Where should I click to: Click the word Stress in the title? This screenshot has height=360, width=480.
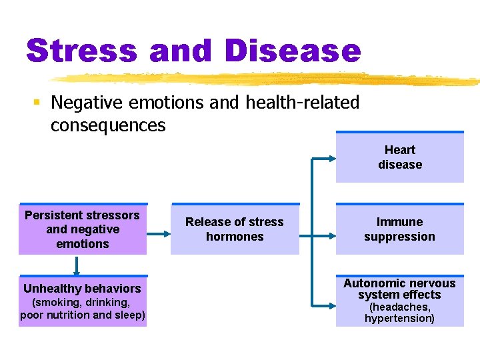pyautogui.click(x=81, y=51)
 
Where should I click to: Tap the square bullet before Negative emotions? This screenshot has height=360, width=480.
pyautogui.click(x=37, y=103)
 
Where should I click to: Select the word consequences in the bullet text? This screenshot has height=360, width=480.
pyautogui.click(x=108, y=125)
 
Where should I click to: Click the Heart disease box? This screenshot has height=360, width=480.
pyautogui.click(x=400, y=157)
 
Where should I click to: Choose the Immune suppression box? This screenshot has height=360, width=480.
pyautogui.click(x=400, y=229)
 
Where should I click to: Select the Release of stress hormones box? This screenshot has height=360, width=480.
pyautogui.click(x=235, y=229)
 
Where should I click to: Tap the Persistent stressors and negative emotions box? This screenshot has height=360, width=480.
pyautogui.click(x=83, y=229)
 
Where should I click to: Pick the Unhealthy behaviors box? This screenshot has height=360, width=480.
pyautogui.click(x=83, y=301)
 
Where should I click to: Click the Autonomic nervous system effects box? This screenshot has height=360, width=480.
pyautogui.click(x=400, y=301)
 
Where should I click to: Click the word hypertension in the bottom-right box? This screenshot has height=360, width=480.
pyautogui.click(x=399, y=319)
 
